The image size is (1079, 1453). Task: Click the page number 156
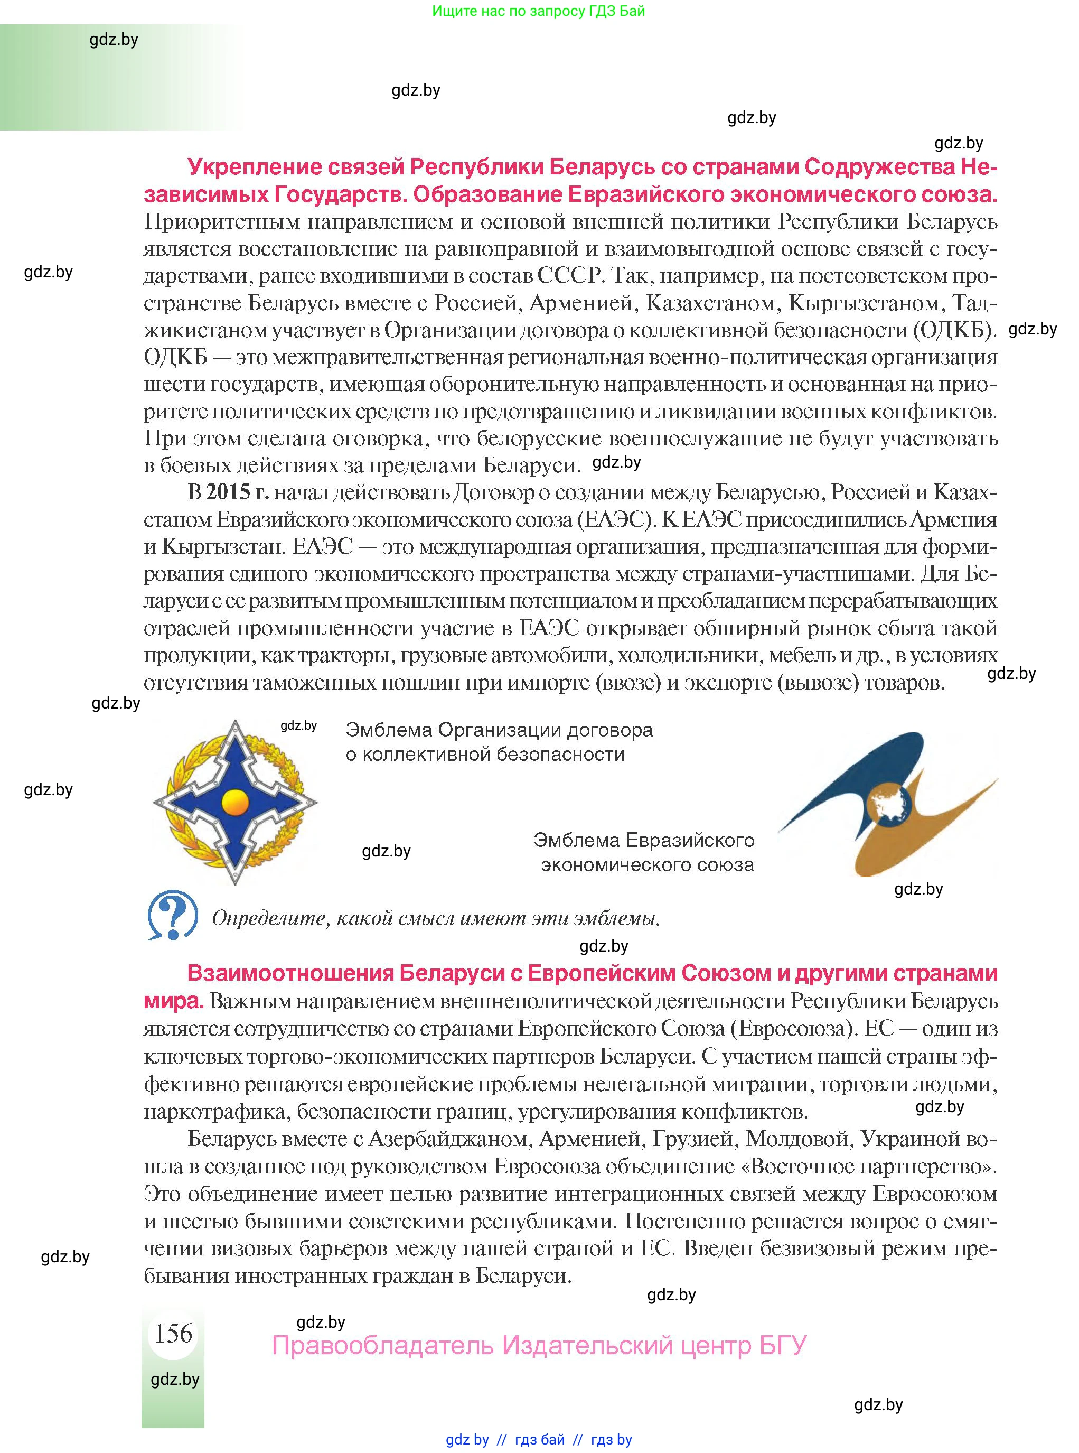click(173, 1333)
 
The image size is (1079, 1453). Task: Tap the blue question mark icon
click(172, 914)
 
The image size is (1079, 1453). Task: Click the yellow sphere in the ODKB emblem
click(235, 802)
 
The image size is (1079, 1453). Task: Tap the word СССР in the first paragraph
click(568, 276)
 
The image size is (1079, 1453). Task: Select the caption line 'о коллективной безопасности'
click(485, 754)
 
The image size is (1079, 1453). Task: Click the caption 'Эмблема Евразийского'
click(643, 840)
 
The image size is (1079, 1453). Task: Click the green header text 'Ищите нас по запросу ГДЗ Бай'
click(538, 11)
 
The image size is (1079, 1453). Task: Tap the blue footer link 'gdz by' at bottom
click(467, 1440)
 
